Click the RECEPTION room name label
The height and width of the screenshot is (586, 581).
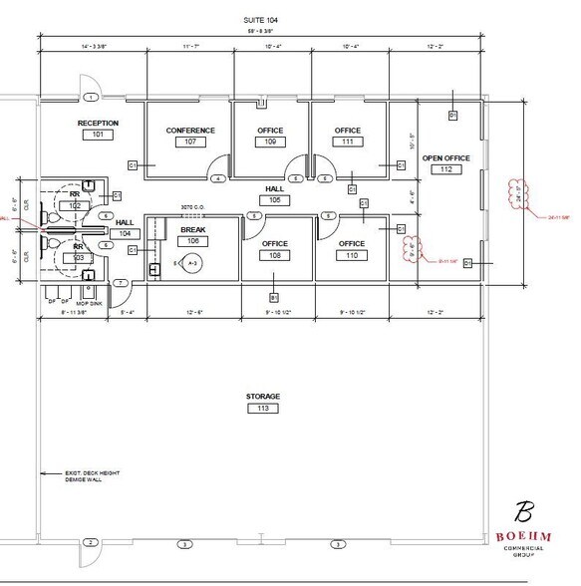click(98, 123)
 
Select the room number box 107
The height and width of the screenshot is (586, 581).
click(189, 143)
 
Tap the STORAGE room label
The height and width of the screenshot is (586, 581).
click(263, 397)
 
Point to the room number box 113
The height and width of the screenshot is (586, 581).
click(263, 409)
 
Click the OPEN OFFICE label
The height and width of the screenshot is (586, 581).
click(446, 157)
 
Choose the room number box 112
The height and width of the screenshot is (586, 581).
click(446, 169)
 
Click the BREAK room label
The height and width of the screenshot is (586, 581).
click(192, 229)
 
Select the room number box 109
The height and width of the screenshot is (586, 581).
click(269, 143)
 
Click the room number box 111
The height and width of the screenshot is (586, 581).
click(347, 143)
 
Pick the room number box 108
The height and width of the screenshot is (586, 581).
click(275, 255)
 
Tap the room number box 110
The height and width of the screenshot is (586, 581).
click(351, 255)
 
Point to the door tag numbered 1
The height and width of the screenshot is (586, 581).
click(90, 97)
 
